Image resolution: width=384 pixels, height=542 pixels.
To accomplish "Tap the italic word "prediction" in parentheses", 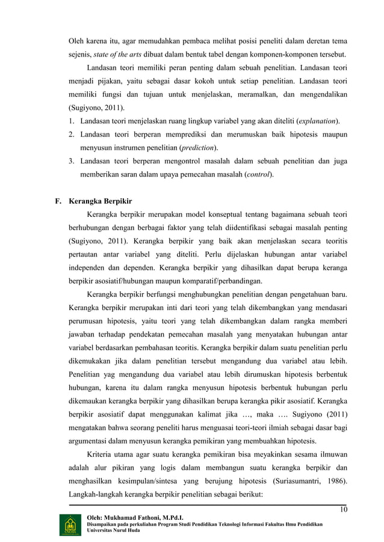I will (197, 147).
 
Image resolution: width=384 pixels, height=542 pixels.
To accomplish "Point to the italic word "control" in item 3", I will (256, 175).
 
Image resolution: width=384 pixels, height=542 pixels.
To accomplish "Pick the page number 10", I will (344, 510).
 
